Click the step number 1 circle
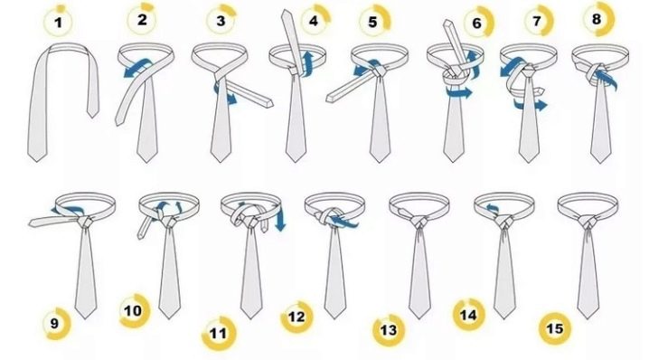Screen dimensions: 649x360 click(59, 21)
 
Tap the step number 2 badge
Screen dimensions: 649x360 click(142, 19)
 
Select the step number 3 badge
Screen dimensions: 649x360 click(221, 20)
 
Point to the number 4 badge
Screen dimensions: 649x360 click(315, 20)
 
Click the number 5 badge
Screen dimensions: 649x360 click(373, 21)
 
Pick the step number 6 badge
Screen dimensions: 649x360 click(477, 23)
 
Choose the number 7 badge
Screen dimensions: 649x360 click(538, 20)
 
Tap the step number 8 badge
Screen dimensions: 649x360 click(597, 19)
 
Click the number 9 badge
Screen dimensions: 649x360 click(55, 323)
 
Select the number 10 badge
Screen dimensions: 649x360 click(134, 310)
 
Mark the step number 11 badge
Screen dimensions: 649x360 click(219, 333)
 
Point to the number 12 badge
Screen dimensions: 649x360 click(296, 317)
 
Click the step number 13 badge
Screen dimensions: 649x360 click(389, 330)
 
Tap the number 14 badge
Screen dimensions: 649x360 click(468, 315)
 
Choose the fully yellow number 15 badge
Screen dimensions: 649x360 click(555, 328)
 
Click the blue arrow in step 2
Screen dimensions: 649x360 click(136, 67)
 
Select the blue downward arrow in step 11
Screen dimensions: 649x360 click(280, 217)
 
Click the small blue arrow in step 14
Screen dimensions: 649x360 click(492, 208)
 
